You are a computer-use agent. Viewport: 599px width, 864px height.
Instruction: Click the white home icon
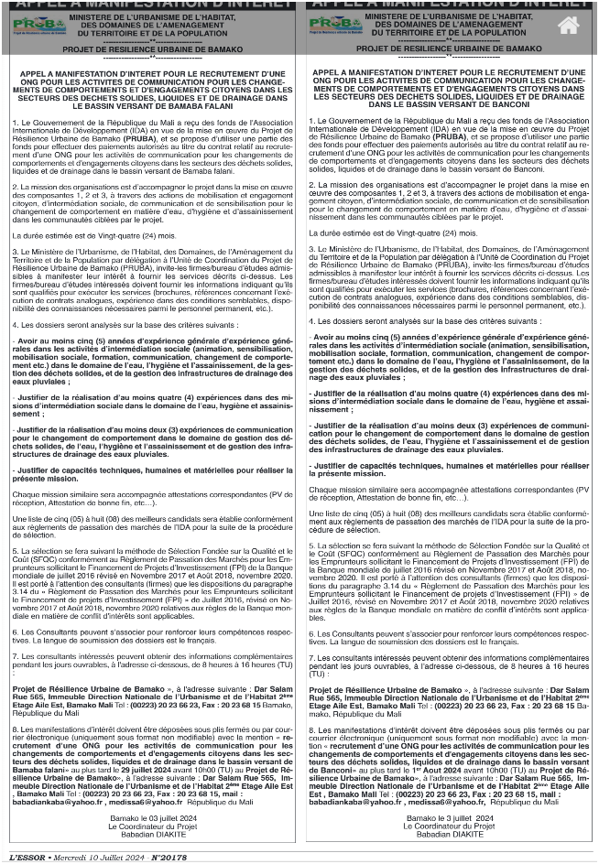(568, 26)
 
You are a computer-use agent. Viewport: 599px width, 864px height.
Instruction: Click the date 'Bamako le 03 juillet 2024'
(153, 816)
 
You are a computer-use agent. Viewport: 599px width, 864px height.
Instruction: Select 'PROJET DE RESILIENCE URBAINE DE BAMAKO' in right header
(449, 48)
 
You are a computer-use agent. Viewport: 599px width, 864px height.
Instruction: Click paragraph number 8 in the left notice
(15, 729)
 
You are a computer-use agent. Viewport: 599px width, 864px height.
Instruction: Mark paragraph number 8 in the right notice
(311, 729)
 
